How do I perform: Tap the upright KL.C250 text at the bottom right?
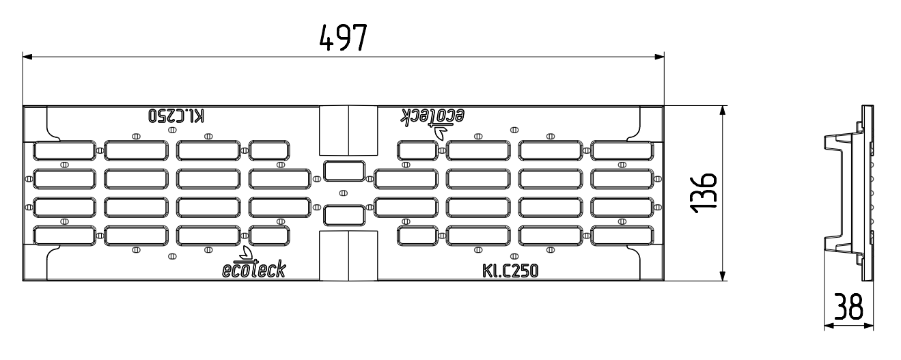(511, 271)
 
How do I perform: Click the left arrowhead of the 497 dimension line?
(27, 57)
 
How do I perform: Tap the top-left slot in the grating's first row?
(65, 150)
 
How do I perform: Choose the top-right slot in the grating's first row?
(621, 150)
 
